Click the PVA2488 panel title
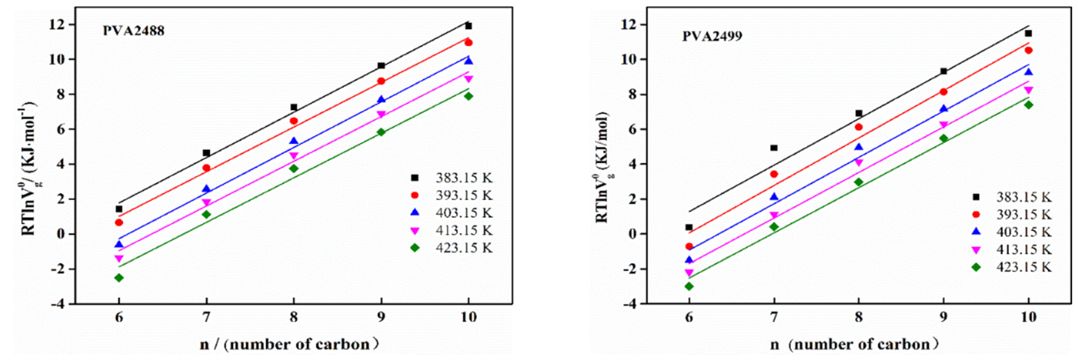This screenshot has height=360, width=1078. tap(133, 31)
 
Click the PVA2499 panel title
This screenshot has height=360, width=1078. tap(712, 36)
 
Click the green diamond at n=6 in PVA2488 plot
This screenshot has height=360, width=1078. tap(119, 278)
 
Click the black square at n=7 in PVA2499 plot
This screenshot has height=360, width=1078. tap(774, 148)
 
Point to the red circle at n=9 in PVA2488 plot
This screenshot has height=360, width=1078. tap(381, 81)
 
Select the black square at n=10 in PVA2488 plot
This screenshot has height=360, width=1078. tap(468, 26)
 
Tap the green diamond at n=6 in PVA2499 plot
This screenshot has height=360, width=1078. tap(689, 286)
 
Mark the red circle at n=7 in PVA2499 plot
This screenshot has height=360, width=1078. tap(774, 174)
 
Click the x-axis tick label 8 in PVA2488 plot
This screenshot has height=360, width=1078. tap(294, 317)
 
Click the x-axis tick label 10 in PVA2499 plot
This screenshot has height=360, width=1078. tap(1028, 317)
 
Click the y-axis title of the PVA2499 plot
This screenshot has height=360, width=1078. tap(602, 168)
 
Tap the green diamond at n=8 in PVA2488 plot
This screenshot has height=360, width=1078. tap(294, 168)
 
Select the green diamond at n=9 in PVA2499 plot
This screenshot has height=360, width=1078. tap(944, 138)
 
